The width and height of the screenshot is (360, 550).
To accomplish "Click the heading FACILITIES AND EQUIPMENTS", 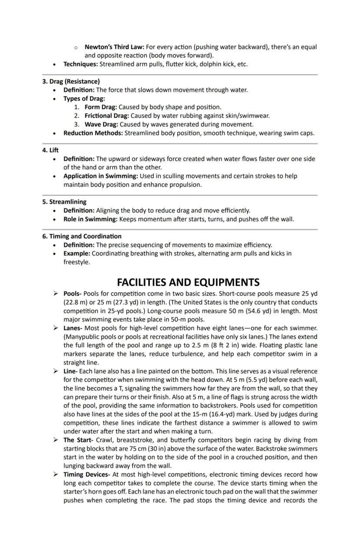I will [x=188, y=282].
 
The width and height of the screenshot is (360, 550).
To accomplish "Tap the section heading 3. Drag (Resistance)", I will [x=71, y=81].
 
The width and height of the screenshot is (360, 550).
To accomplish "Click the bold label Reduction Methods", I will [x=93, y=133].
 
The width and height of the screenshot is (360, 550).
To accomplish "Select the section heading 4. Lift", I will [x=50, y=150].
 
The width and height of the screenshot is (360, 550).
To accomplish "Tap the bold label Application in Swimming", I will [x=100, y=176].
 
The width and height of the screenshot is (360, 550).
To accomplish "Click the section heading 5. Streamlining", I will [x=64, y=202].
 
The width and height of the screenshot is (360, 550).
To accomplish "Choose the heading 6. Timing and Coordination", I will [x=82, y=236].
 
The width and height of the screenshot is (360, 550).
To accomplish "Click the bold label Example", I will [x=77, y=253].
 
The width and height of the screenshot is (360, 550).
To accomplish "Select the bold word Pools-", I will [x=73, y=294].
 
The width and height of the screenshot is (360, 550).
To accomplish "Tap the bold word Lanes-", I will [x=73, y=328].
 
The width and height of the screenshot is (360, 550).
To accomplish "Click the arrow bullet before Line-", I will [x=56, y=371].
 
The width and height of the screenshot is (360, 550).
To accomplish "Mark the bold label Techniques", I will [x=80, y=64].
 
